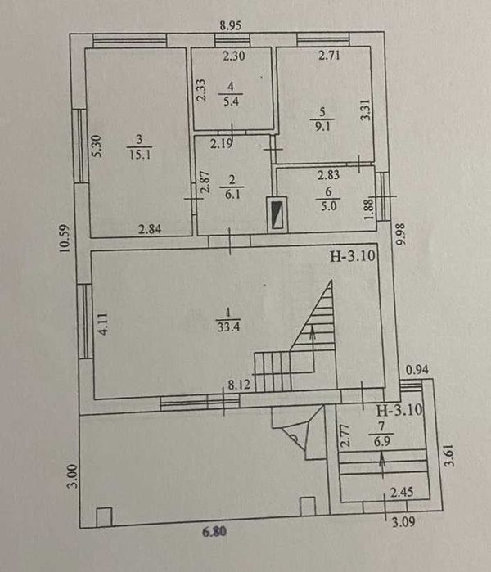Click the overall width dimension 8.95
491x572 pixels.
232,25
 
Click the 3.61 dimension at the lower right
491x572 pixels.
448,454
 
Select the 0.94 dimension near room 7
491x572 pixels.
418,371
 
